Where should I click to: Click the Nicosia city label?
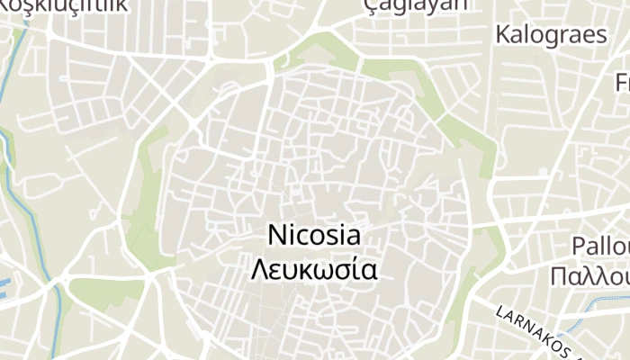[x=314, y=236]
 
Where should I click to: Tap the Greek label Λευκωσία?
[x=314, y=269]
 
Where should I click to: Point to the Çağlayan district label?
[x=416, y=5]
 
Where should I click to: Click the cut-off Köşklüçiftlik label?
[x=63, y=5]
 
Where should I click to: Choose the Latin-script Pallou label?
[x=601, y=246]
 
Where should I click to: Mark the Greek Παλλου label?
[x=601, y=274]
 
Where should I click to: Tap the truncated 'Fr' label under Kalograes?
[x=622, y=83]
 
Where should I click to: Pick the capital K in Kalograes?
[x=503, y=35]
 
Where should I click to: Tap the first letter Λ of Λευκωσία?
[x=259, y=269]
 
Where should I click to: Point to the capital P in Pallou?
[x=579, y=246]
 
